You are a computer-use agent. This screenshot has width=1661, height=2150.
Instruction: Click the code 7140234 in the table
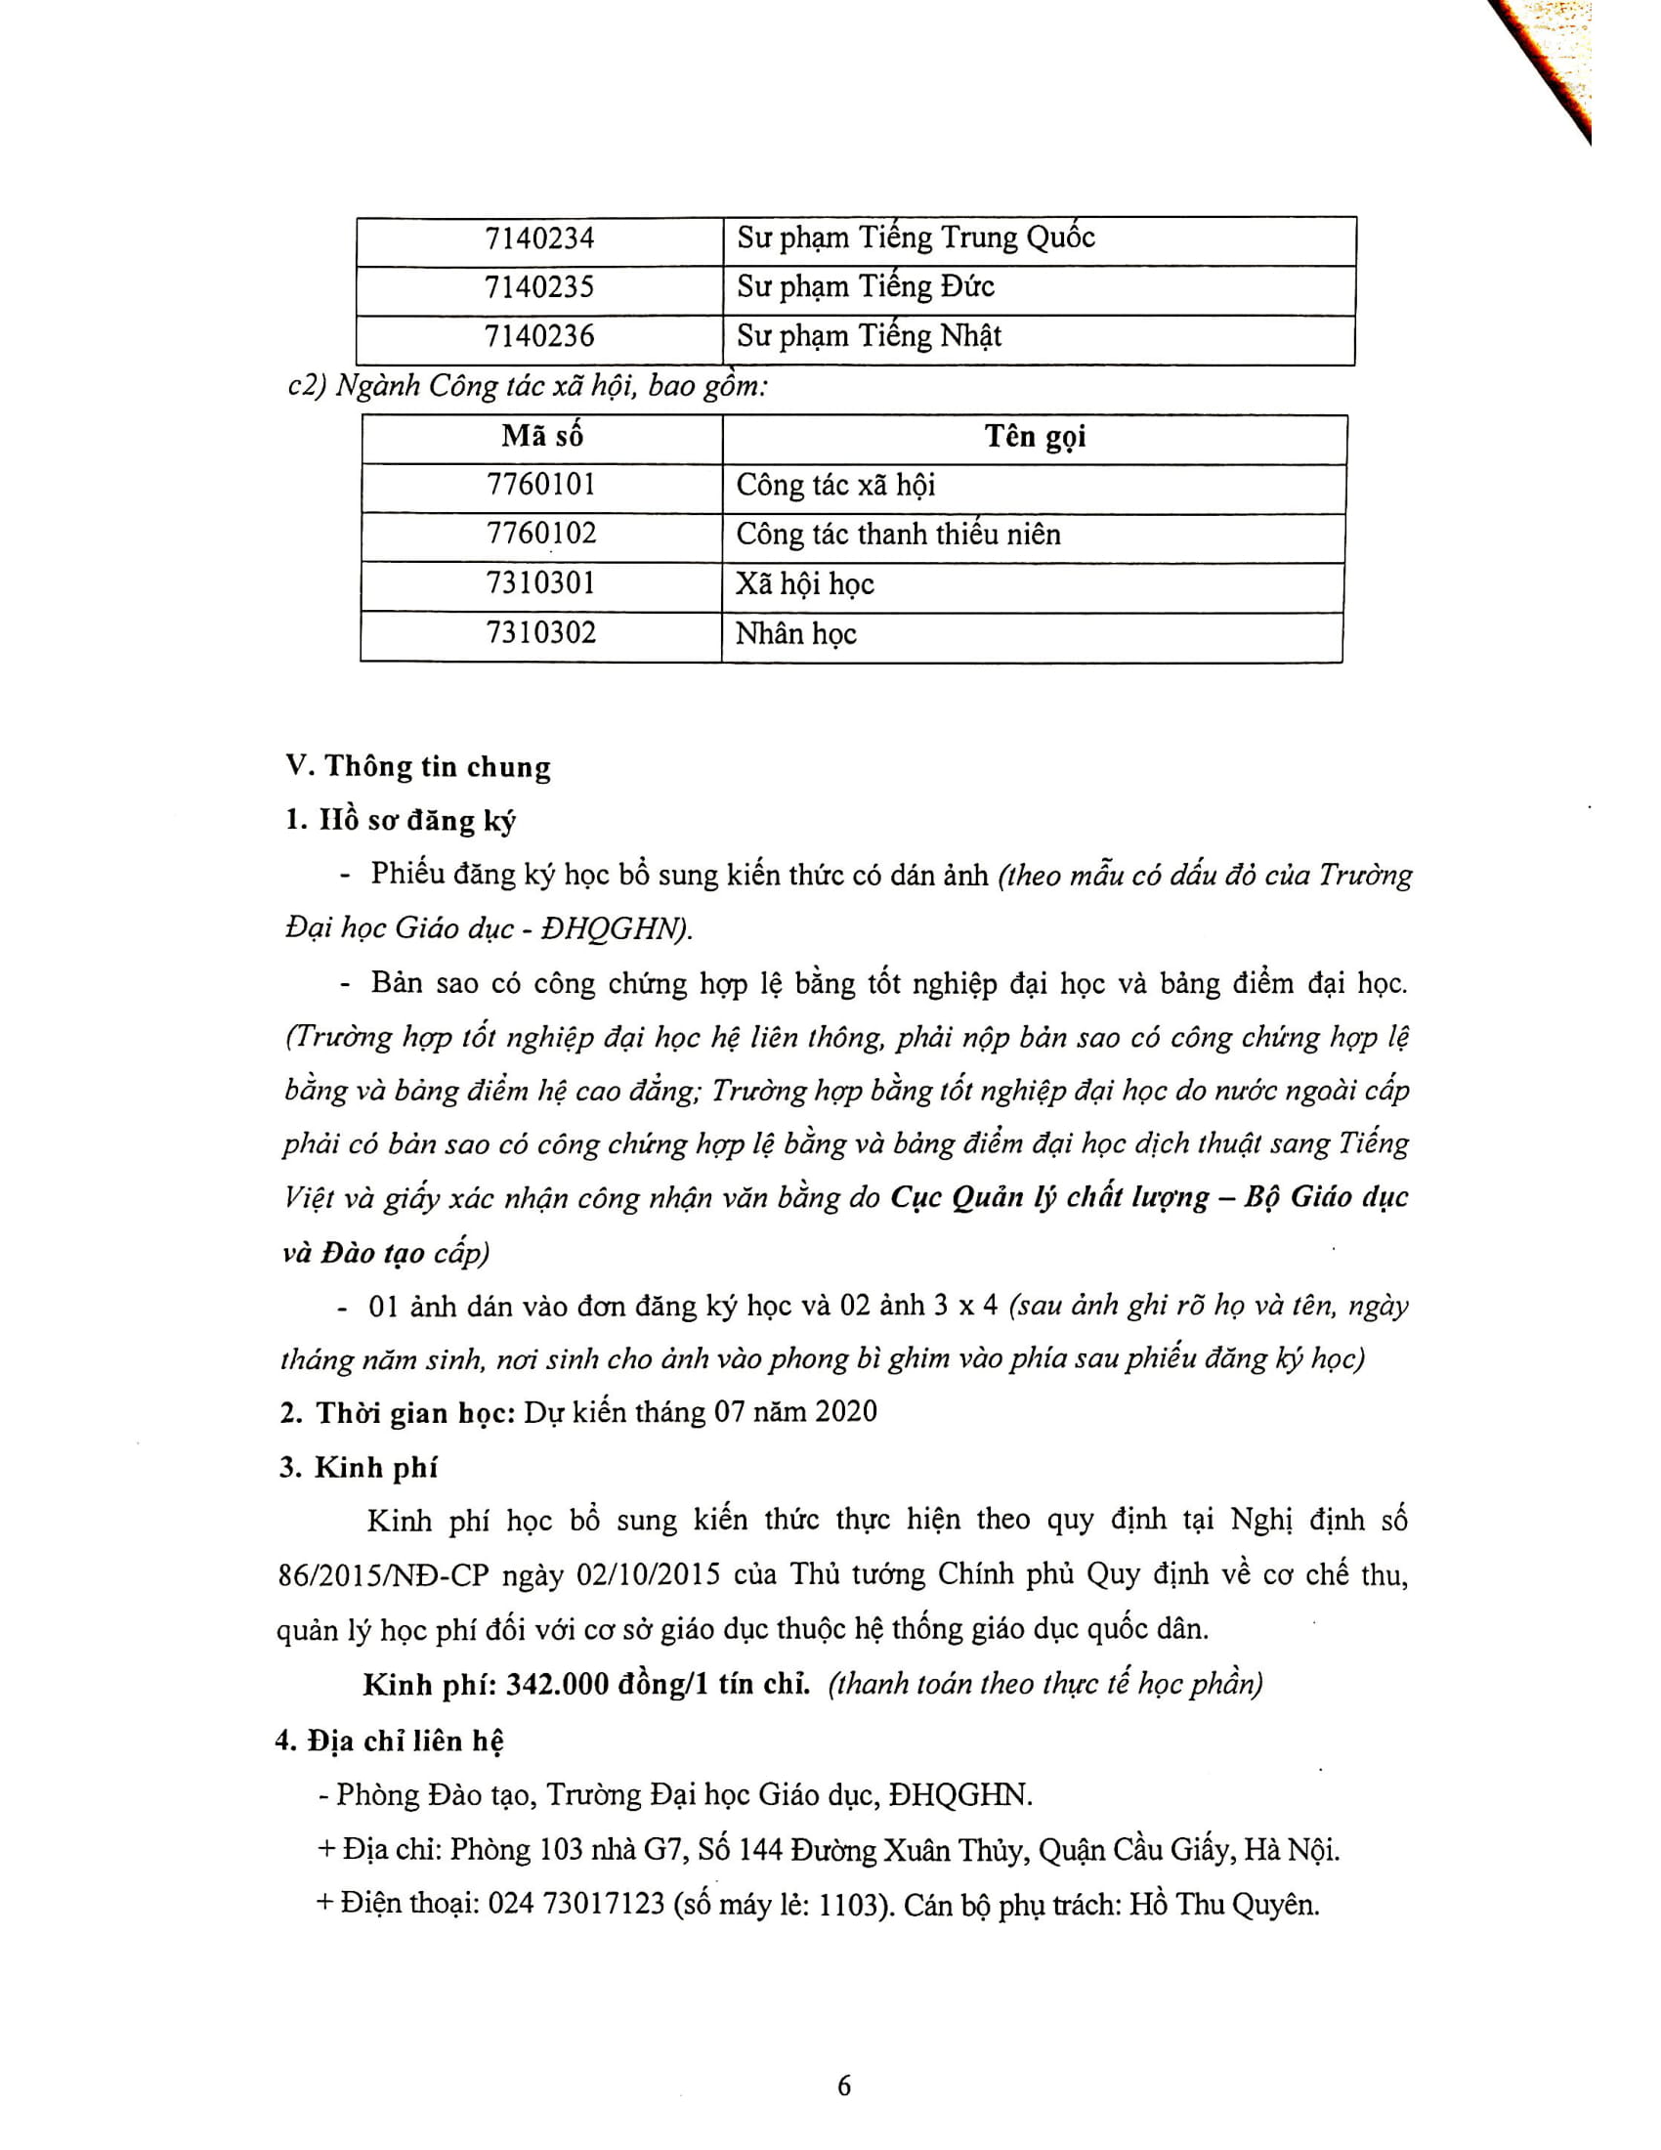click(539, 238)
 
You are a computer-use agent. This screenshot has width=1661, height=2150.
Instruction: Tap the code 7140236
click(539, 337)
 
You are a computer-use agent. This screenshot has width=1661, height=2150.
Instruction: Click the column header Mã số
click(541, 435)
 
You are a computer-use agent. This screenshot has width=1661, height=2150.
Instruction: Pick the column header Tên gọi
click(1034, 436)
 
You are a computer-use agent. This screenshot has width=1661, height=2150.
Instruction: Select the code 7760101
click(540, 485)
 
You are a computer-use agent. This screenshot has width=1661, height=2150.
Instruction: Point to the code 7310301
click(540, 582)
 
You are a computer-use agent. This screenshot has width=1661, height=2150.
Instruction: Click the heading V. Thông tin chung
click(417, 767)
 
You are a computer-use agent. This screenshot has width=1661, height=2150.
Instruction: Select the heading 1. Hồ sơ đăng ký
click(400, 820)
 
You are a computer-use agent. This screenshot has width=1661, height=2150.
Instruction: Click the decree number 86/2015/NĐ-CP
click(383, 1575)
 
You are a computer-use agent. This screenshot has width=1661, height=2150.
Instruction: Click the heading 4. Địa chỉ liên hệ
click(389, 1741)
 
